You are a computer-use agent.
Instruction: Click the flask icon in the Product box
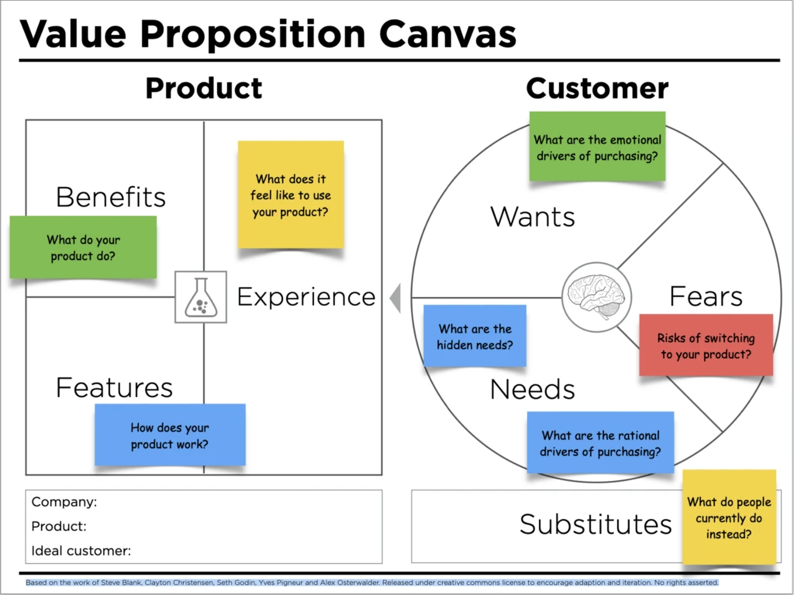tap(201, 296)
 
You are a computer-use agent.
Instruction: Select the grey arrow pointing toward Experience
tap(395, 298)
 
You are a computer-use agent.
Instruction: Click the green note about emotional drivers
tap(597, 147)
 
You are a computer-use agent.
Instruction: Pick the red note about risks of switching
tap(706, 345)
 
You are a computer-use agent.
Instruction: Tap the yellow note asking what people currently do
tap(729, 517)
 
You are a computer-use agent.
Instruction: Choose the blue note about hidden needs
tap(475, 336)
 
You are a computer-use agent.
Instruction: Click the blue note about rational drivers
tap(600, 442)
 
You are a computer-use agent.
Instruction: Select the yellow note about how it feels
tap(291, 194)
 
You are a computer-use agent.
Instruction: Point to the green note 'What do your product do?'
tap(83, 247)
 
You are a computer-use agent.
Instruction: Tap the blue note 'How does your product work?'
tap(170, 434)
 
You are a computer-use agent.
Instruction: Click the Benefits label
tap(111, 197)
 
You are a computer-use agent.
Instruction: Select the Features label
tap(114, 387)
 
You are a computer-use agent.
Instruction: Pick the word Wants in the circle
tap(533, 216)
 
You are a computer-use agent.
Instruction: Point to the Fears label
tap(706, 296)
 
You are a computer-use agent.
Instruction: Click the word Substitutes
tap(595, 524)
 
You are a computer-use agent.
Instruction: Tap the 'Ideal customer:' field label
tap(81, 551)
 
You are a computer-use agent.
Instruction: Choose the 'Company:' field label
tap(64, 502)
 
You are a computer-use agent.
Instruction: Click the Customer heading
tap(597, 88)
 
